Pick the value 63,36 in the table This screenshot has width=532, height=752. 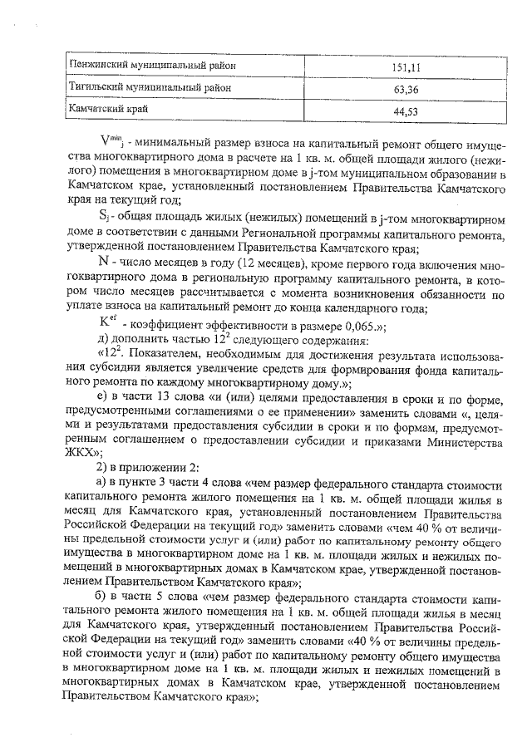406,88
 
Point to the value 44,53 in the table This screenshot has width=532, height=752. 406,111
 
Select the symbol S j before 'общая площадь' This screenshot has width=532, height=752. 104,215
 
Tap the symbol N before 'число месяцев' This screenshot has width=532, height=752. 104,259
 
